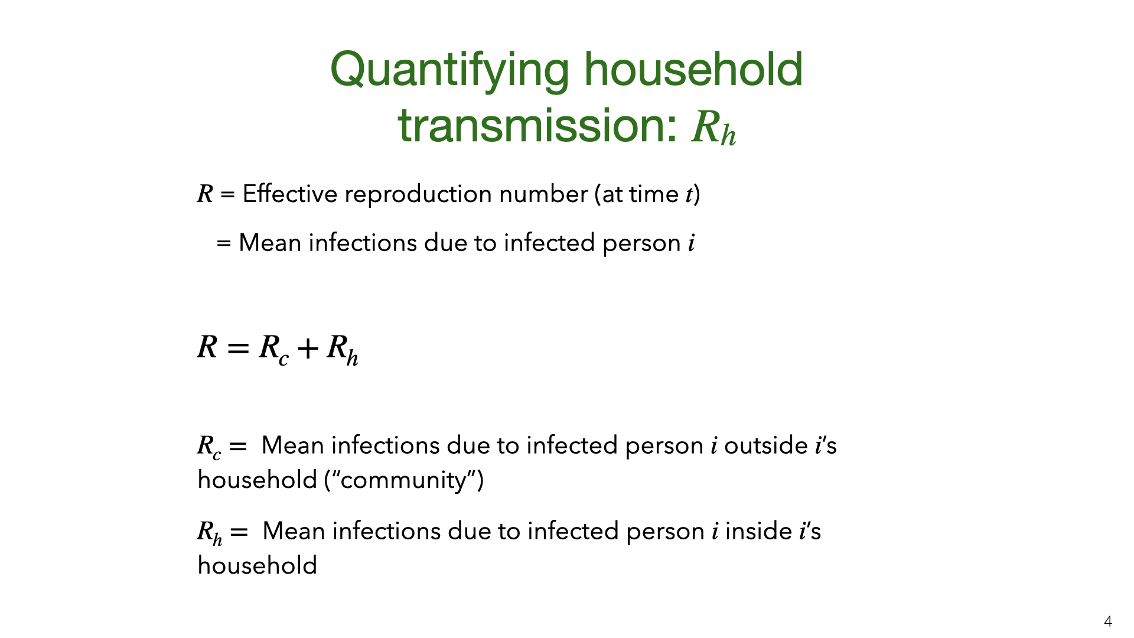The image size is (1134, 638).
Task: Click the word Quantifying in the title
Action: click(449, 70)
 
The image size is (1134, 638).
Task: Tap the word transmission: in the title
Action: click(537, 125)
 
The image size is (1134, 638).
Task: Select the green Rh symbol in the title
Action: click(714, 127)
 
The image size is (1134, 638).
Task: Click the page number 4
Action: click(1107, 621)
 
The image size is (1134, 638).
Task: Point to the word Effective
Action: click(289, 194)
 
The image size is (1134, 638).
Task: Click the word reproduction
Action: click(418, 195)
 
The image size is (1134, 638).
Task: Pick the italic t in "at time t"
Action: click(689, 194)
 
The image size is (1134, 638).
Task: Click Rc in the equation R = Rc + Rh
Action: click(274, 349)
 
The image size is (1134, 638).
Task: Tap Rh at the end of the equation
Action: click(343, 349)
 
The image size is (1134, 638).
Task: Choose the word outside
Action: click(766, 445)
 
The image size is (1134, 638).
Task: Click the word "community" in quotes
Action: click(404, 480)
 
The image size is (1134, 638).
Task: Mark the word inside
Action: click(758, 531)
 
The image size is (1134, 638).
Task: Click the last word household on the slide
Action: click(258, 565)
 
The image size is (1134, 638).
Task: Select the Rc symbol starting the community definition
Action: click(209, 447)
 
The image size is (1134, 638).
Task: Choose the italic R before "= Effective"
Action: click(205, 194)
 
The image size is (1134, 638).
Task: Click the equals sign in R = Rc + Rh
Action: click(238, 349)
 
